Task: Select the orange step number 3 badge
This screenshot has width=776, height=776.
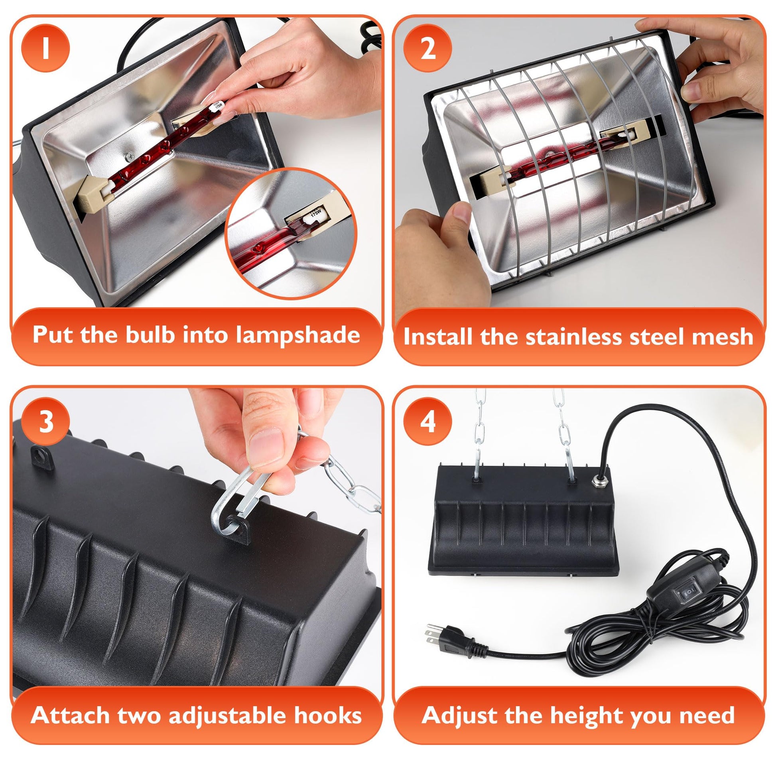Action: (x=45, y=422)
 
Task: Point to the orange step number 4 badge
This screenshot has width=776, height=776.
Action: (x=428, y=422)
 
